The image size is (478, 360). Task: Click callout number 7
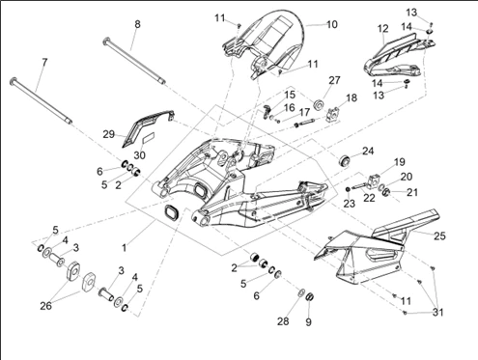pyautogui.click(x=44, y=62)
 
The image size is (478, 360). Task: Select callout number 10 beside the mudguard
pyautogui.click(x=332, y=24)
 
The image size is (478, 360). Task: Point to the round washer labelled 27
pyautogui.click(x=320, y=105)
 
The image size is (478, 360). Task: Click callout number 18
pyautogui.click(x=351, y=97)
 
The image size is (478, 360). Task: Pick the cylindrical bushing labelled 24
pyautogui.click(x=345, y=160)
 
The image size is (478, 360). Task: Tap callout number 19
pyautogui.click(x=399, y=162)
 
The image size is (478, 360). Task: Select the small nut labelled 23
pyautogui.click(x=348, y=189)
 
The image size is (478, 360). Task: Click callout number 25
pyautogui.click(x=439, y=235)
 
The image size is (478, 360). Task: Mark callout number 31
pyautogui.click(x=437, y=312)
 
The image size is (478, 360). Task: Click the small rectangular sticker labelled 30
pyautogui.click(x=149, y=138)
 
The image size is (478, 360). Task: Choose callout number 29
pyautogui.click(x=109, y=134)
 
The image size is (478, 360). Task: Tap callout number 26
pyautogui.click(x=45, y=306)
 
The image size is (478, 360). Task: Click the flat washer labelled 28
pyautogui.click(x=301, y=292)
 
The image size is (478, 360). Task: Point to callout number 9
pyautogui.click(x=308, y=321)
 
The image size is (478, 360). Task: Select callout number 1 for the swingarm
pyautogui.click(x=125, y=248)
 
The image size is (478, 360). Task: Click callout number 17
pyautogui.click(x=304, y=112)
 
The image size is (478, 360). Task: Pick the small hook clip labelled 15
pyautogui.click(x=266, y=111)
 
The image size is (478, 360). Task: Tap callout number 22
pyautogui.click(x=369, y=198)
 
